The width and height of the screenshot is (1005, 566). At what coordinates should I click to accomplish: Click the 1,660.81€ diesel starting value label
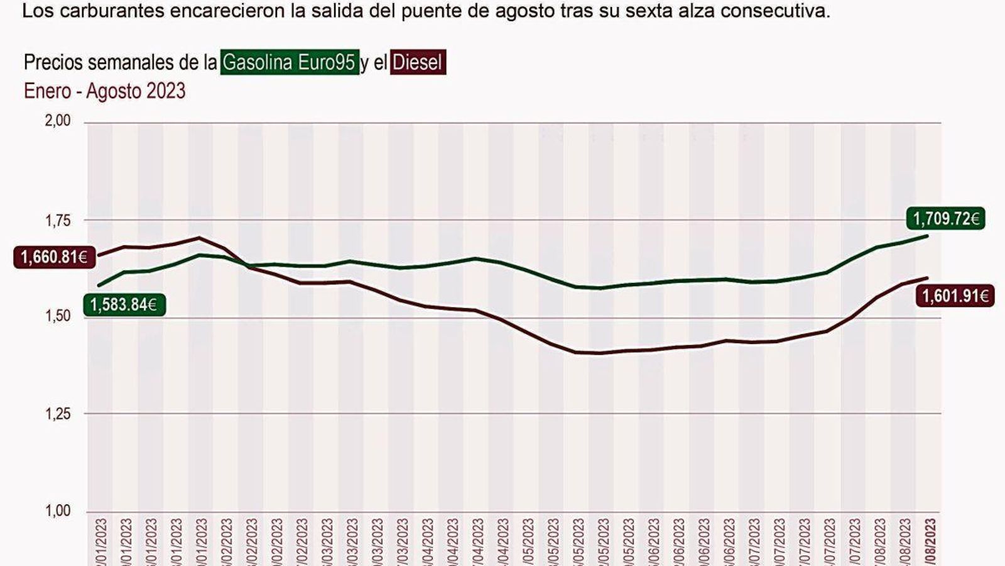54,257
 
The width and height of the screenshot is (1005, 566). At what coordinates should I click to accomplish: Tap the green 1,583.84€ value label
124,305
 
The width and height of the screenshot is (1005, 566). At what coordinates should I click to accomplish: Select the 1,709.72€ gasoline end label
945,219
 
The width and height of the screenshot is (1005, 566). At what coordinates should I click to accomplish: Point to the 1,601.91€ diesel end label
955,295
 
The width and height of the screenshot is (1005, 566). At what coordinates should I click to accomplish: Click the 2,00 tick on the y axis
58,120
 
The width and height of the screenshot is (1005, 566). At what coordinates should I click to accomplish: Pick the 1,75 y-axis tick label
58,221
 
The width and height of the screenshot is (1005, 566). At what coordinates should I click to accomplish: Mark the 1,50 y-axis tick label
58,316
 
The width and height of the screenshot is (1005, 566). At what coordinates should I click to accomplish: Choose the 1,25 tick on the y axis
58,414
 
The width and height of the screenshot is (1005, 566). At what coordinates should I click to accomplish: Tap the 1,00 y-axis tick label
58,511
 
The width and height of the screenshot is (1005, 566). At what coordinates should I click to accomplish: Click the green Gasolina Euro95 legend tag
290,62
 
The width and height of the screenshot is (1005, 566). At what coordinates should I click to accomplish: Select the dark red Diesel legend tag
418,62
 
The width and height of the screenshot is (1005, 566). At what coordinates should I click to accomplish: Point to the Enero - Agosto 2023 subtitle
105,91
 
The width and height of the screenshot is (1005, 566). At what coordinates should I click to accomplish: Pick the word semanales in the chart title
131,62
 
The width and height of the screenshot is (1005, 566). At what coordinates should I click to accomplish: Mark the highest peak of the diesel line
200,238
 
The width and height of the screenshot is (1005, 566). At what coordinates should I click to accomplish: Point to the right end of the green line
928,236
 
